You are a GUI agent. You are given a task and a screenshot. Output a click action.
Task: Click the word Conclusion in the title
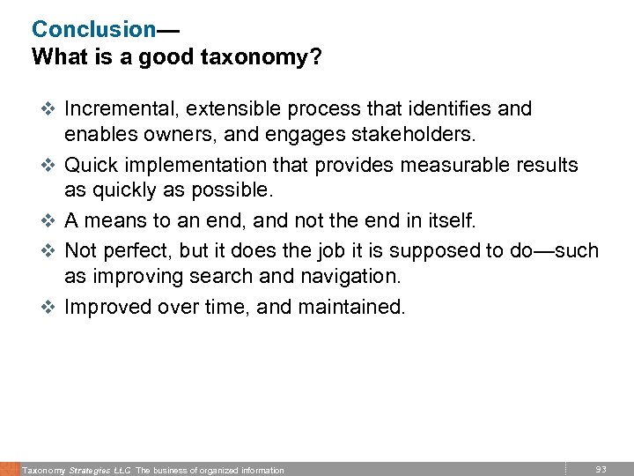tap(93, 29)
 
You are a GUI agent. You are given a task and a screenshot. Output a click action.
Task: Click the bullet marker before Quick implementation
tap(48, 166)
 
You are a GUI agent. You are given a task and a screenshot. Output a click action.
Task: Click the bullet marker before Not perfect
tap(48, 249)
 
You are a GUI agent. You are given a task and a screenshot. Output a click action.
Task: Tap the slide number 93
tap(601, 468)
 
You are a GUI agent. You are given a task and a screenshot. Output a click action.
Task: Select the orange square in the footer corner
tap(9, 469)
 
